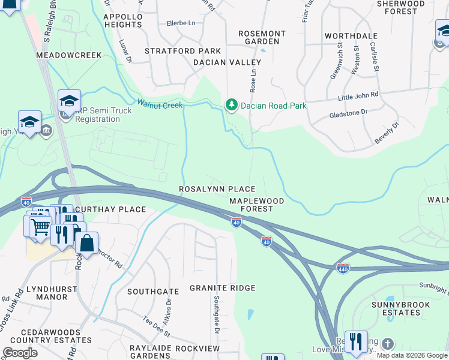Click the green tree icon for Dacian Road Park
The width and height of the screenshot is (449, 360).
click(231, 105)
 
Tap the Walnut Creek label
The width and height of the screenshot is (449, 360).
click(160, 105)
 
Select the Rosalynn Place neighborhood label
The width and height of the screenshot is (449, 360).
click(217, 189)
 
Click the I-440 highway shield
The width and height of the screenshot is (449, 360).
click(343, 268)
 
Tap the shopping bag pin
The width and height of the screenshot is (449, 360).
click(86, 244)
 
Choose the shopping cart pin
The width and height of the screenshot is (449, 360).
click(40, 228)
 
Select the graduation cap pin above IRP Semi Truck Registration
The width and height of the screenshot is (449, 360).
click(69, 101)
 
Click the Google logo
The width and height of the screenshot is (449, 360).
click(20, 353)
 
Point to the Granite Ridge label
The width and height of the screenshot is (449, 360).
click(223, 288)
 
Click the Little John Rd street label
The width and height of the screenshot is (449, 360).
click(358, 95)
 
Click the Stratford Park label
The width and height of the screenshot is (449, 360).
click(182, 51)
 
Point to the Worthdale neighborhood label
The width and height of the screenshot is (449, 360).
click(351, 36)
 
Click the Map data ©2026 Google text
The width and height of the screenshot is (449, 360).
click(412, 355)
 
